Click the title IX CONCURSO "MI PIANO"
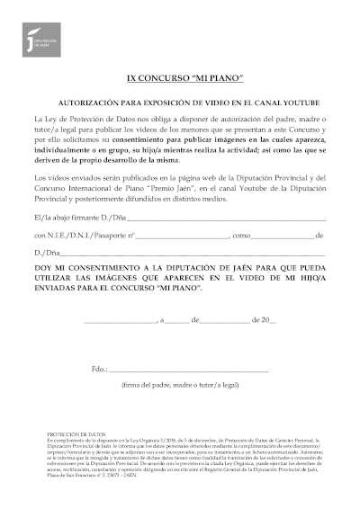tap(181, 82)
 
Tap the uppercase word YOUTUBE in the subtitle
tap(283, 103)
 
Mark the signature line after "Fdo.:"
tap(189, 371)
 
